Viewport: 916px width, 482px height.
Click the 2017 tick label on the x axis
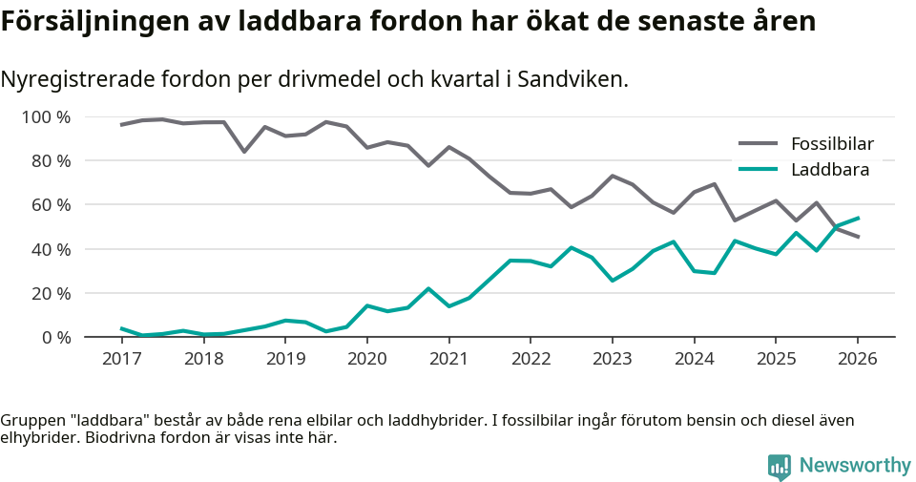(121, 359)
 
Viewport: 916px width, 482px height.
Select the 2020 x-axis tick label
(366, 359)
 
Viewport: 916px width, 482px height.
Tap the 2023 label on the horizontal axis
(612, 359)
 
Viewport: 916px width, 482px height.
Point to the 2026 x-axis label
(857, 359)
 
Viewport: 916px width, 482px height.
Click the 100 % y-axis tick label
(47, 117)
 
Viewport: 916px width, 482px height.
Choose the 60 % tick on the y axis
(51, 205)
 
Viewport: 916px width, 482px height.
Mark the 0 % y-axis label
(55, 337)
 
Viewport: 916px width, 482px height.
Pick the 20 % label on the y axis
(51, 293)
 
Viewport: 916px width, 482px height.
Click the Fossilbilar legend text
(832, 144)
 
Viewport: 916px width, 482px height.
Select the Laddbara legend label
(829, 170)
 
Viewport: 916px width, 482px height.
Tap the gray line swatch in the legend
(759, 144)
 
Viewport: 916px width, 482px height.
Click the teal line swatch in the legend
(759, 170)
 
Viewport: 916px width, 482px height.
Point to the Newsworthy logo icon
(779, 466)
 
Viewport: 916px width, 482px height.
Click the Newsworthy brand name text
(855, 466)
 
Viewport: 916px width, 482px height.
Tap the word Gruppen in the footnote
(31, 420)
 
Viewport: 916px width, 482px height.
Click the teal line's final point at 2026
(858, 218)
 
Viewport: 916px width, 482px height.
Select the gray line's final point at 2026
(858, 237)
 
